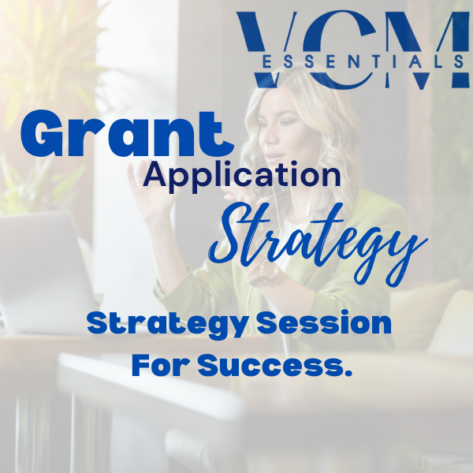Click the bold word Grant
click(127, 133)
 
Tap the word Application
click(242, 176)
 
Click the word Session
click(324, 323)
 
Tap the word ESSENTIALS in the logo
click(363, 62)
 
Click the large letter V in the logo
click(266, 48)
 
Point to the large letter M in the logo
click(426, 49)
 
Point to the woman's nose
click(269, 136)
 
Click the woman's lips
click(274, 157)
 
